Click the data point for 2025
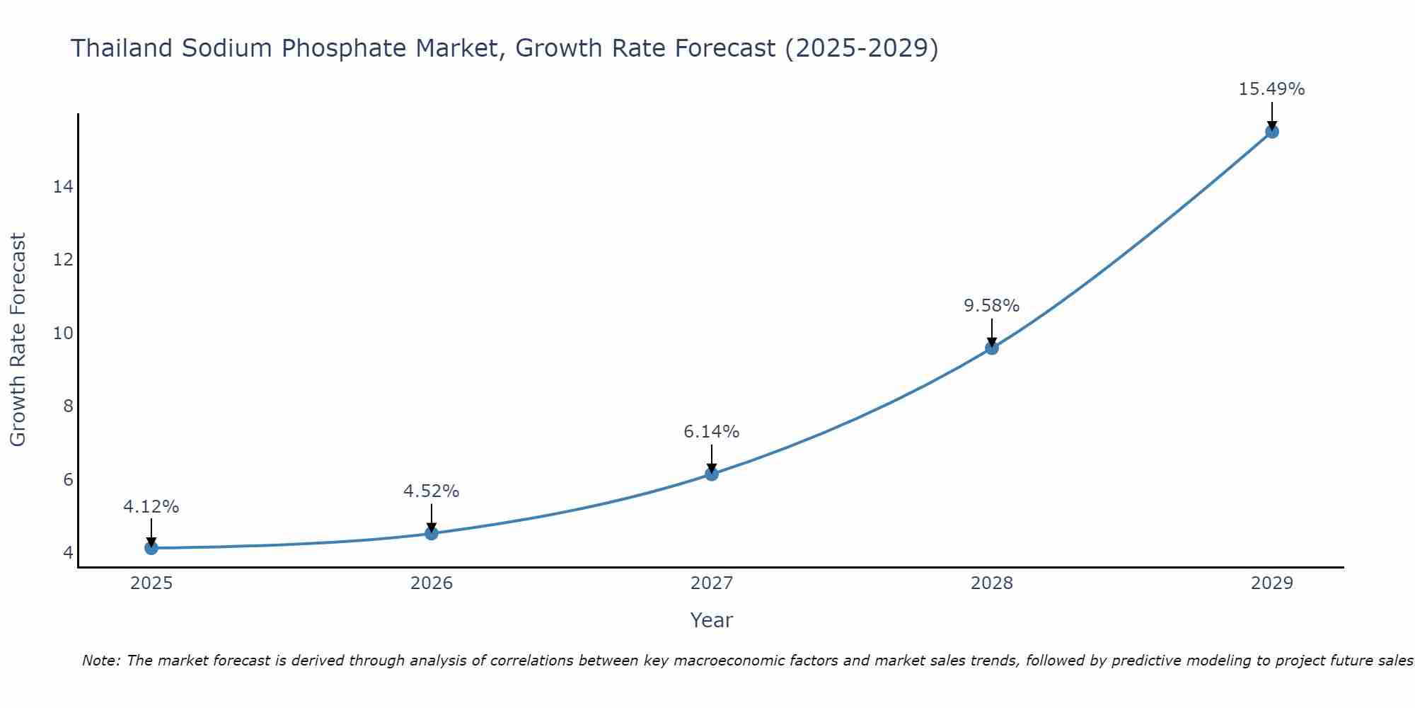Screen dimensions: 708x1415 click(x=151, y=548)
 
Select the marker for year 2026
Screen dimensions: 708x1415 click(x=432, y=533)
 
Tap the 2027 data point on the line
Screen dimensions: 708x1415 click(x=712, y=474)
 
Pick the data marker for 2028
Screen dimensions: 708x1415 click(x=992, y=348)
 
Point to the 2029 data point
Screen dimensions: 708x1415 click(x=1272, y=132)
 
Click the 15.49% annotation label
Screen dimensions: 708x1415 click(x=1271, y=89)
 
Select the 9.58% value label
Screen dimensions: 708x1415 click(x=991, y=306)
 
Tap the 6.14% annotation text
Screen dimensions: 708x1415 click(x=711, y=431)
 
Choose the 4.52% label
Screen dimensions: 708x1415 click(x=431, y=491)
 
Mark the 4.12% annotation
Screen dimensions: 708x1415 click(x=151, y=507)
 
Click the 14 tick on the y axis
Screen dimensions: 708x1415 click(x=64, y=187)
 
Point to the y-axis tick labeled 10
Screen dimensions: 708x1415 click(x=64, y=333)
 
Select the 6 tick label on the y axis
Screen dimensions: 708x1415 click(x=68, y=479)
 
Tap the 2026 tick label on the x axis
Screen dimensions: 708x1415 click(x=432, y=583)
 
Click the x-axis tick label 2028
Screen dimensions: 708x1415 click(x=992, y=583)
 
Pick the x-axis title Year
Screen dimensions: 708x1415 click(x=711, y=620)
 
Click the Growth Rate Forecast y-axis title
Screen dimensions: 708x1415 click(x=18, y=340)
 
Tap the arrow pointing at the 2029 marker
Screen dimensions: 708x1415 click(x=1272, y=116)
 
